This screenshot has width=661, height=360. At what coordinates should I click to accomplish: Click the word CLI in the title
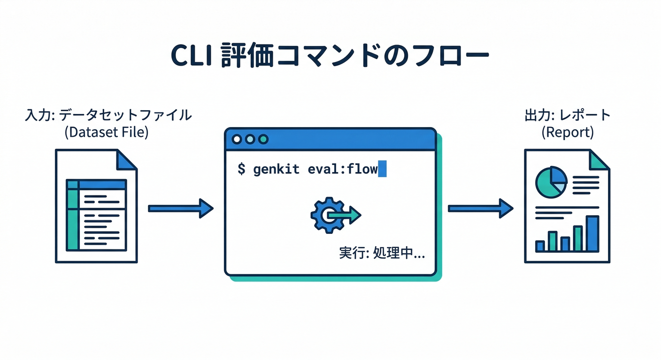[x=191, y=56]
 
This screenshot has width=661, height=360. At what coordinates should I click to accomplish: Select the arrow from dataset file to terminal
[x=180, y=208]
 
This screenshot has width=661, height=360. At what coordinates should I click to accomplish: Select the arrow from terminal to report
[x=480, y=208]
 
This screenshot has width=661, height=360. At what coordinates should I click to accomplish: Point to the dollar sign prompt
[x=241, y=169]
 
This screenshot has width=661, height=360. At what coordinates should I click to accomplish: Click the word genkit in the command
[x=276, y=169]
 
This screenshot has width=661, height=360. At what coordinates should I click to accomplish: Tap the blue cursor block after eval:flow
[x=382, y=169]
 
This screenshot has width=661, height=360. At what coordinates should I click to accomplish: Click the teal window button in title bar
[x=263, y=139]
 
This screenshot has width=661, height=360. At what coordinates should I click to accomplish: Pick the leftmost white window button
[x=237, y=139]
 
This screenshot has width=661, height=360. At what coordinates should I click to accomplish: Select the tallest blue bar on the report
[x=592, y=233]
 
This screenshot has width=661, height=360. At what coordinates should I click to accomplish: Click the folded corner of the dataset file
[x=127, y=159]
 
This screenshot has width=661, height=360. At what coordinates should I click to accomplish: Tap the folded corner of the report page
[x=600, y=159]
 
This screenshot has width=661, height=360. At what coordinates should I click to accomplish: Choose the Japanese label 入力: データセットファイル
[x=108, y=115]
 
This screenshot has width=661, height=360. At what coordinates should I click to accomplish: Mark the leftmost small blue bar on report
[x=540, y=246]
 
